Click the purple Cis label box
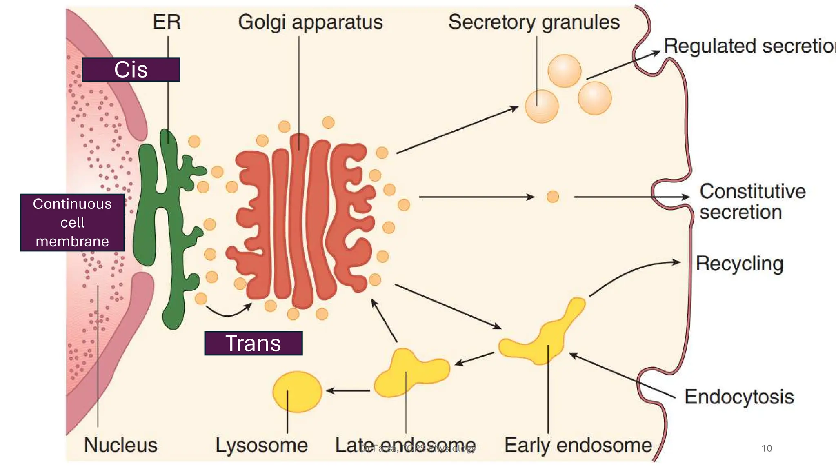pyautogui.click(x=131, y=69)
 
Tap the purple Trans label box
pyautogui.click(x=253, y=343)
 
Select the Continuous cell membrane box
pyautogui.click(x=72, y=222)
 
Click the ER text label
pyautogui.click(x=167, y=22)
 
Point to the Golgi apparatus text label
pyautogui.click(x=310, y=22)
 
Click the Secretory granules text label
pyautogui.click(x=534, y=22)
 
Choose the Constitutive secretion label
pyautogui.click(x=752, y=202)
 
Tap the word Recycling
pyautogui.click(x=739, y=264)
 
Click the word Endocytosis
pyautogui.click(x=739, y=397)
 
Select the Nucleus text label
pyautogui.click(x=120, y=445)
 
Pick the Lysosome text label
pyautogui.click(x=261, y=445)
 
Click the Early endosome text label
pyautogui.click(x=578, y=445)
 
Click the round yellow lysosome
pyautogui.click(x=297, y=392)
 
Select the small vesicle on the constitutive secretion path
pyautogui.click(x=553, y=197)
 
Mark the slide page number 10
pyautogui.click(x=767, y=448)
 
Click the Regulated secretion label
pyautogui.click(x=749, y=46)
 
